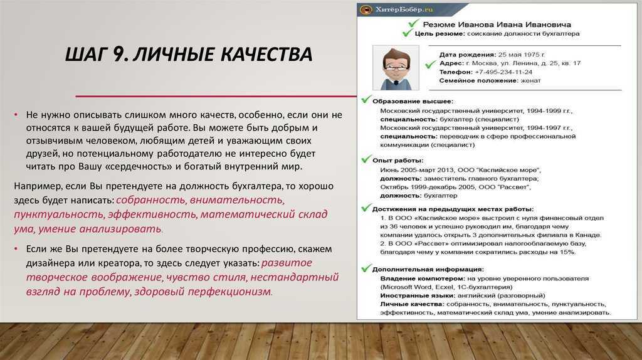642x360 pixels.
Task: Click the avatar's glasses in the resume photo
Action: tap(395, 66)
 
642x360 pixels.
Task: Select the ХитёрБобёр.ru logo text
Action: tap(404, 9)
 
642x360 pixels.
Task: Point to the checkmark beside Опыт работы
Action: tap(366, 159)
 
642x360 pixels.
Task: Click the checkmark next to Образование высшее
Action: tap(366, 100)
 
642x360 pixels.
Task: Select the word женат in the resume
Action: tap(530, 81)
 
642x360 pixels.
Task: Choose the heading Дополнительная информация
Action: tap(428, 270)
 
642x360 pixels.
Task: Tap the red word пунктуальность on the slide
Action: tap(59, 214)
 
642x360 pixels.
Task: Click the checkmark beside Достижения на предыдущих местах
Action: tap(366, 208)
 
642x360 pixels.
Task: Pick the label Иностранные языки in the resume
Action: tap(418, 295)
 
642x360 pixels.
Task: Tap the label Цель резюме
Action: tap(439, 34)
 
